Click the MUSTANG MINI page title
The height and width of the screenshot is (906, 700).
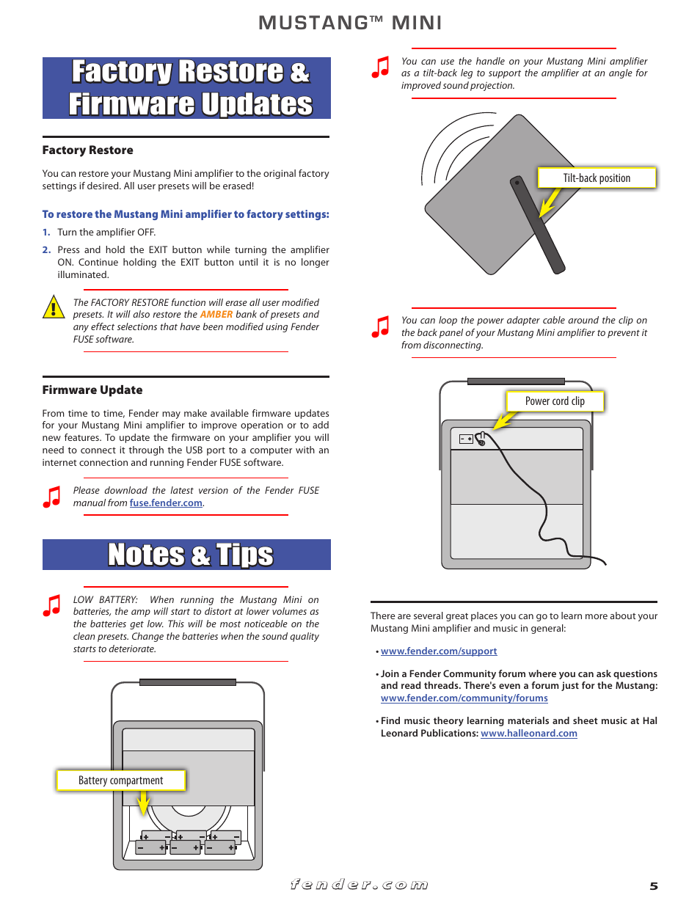(350, 23)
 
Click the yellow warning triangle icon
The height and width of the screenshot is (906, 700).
(54, 307)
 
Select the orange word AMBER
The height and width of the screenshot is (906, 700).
(216, 315)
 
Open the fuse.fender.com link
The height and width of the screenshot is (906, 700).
(166, 503)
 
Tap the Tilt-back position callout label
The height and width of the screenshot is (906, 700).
(597, 178)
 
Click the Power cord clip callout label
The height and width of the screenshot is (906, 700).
(555, 401)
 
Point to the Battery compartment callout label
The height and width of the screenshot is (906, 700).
(121, 781)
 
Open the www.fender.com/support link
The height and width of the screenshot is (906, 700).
(439, 651)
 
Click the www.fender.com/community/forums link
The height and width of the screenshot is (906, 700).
(464, 698)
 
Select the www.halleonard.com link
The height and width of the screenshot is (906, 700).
(528, 734)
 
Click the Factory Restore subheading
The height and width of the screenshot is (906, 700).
(88, 150)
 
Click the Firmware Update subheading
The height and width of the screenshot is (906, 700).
(92, 390)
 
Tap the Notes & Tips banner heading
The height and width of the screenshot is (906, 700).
(190, 555)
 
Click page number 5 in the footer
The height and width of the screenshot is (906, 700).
(654, 886)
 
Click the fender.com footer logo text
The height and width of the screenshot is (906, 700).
(359, 885)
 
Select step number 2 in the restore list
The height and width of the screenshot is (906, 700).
(46, 250)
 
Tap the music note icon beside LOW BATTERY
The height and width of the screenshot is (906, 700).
(52, 605)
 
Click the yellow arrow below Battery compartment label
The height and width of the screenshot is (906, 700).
(143, 803)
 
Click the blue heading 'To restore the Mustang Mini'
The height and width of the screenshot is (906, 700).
(186, 214)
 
